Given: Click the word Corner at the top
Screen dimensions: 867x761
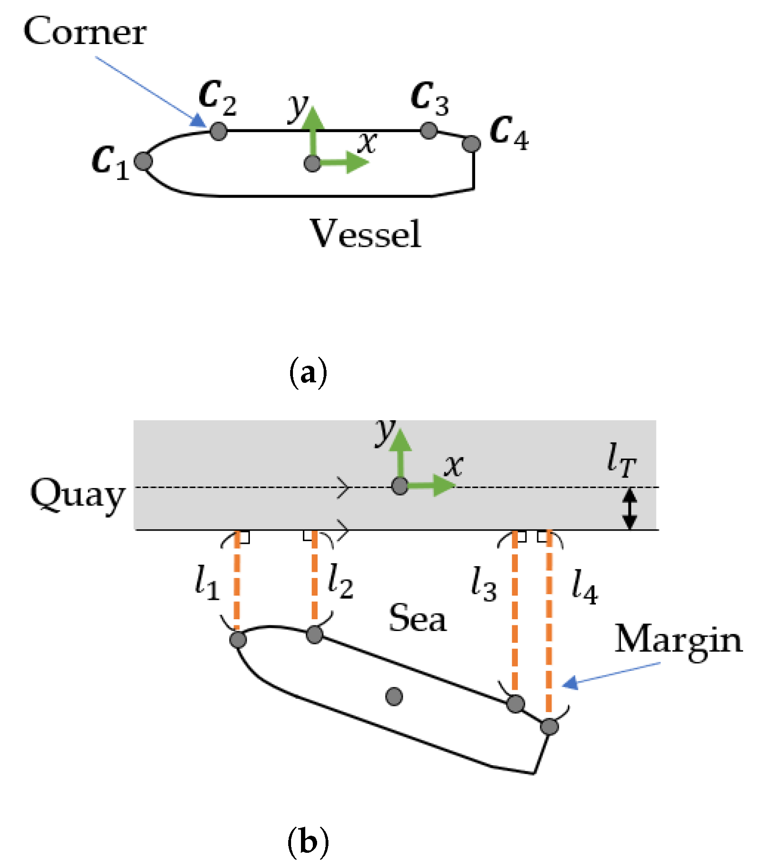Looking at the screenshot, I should point(85,32).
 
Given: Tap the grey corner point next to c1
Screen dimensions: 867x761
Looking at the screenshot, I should point(143,162).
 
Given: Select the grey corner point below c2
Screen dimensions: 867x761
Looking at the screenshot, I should point(218,131).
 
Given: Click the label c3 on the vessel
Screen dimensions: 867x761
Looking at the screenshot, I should point(429,98).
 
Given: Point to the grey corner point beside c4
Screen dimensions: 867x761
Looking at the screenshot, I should point(471,144).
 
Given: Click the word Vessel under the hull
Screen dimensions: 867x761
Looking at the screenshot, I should point(365,234).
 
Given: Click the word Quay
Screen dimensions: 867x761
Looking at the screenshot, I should point(78,496).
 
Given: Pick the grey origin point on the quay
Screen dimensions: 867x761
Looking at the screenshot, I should point(400,486).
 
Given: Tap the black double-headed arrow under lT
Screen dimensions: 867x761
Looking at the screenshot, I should point(629,509).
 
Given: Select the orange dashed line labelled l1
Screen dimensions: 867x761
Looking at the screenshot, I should point(238,583).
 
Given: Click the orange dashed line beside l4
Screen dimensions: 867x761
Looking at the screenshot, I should point(549,621).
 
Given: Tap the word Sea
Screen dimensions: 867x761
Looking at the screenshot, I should point(417,619).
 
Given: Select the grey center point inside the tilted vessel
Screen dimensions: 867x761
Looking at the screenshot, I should point(394,696).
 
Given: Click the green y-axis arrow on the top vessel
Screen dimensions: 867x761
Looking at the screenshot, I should point(313,130).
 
